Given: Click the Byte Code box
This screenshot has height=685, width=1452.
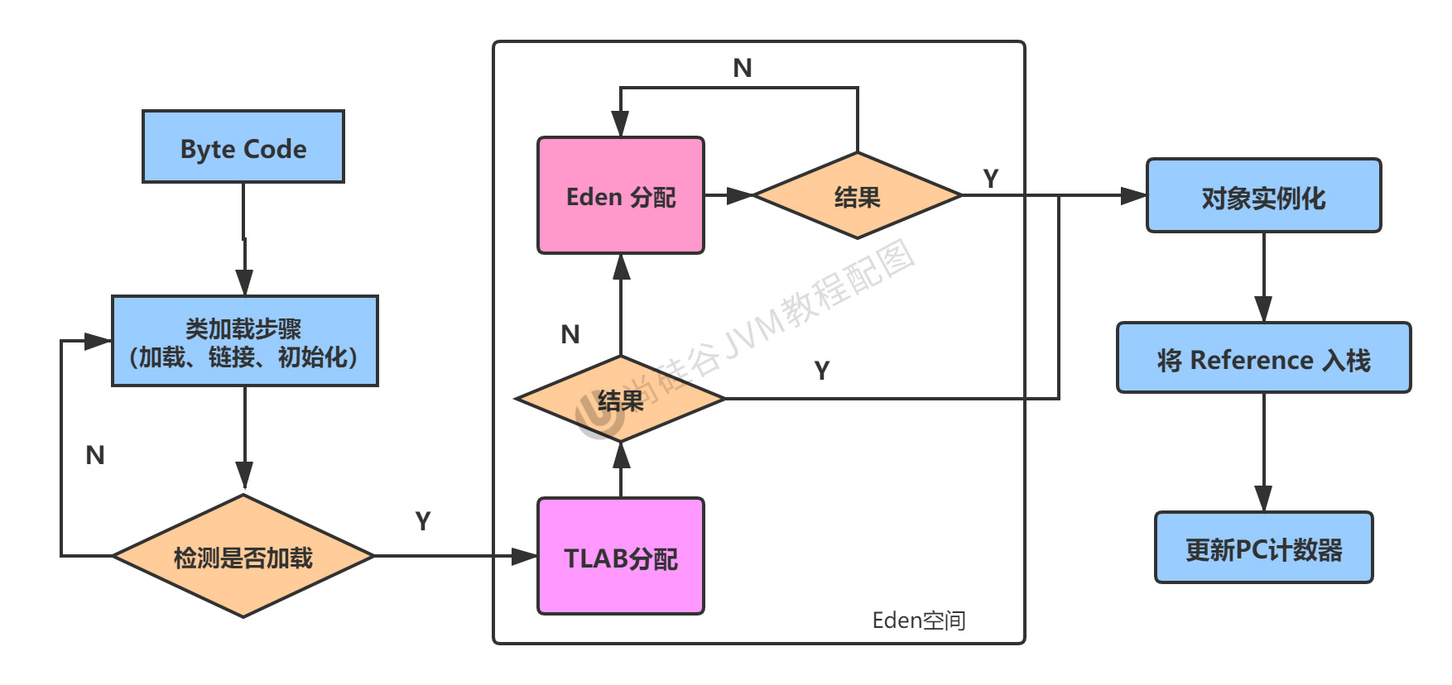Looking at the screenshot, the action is point(243,146).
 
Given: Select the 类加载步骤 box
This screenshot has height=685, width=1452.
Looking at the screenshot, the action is point(245,341).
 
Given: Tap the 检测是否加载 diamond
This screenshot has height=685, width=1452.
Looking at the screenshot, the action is point(243,556).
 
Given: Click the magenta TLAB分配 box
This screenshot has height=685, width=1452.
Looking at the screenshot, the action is point(621,556).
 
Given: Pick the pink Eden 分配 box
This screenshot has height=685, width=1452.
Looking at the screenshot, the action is point(621,195).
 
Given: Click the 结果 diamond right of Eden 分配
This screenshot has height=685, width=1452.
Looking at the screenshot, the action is point(858,195).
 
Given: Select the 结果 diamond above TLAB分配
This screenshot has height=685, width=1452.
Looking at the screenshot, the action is point(621,399).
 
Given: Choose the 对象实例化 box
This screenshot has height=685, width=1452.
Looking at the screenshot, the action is point(1264,195).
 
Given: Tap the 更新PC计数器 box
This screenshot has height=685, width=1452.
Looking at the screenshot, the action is point(1264,548).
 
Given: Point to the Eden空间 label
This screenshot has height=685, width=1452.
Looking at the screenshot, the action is point(919,620).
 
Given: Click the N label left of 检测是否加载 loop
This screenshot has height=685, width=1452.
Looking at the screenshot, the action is point(95,455).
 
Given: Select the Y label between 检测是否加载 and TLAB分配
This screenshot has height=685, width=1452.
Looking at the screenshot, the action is point(423,521).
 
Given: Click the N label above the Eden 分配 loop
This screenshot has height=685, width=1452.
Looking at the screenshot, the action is point(743,68).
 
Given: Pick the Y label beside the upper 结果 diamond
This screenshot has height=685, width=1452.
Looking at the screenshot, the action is point(991,178).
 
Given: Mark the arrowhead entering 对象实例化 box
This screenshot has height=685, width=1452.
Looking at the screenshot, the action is point(1133,195).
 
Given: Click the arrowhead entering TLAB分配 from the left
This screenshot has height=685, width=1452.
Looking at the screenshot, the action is point(524,556).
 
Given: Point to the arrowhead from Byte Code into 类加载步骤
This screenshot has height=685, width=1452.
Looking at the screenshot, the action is point(244,282).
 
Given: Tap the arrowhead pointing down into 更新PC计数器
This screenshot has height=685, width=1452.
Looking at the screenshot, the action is point(1263,499).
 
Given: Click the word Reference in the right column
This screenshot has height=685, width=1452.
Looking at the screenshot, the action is point(1252,360).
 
